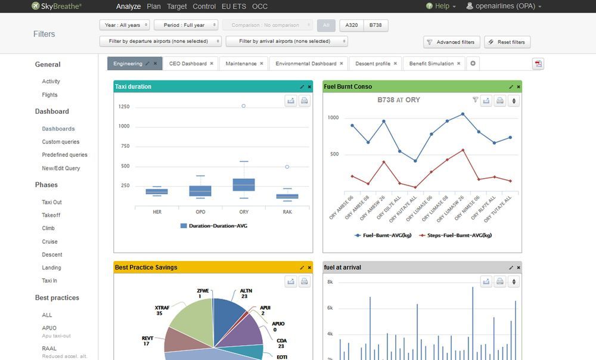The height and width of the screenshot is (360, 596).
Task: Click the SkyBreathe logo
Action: pyautogui.click(x=57, y=7)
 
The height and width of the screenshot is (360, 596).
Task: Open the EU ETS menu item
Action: pyautogui.click(x=234, y=7)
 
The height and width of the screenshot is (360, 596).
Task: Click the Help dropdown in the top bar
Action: pyautogui.click(x=441, y=7)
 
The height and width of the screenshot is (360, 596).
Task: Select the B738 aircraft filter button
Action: pyautogui.click(x=375, y=26)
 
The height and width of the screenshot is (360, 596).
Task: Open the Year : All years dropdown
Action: pyautogui.click(x=124, y=26)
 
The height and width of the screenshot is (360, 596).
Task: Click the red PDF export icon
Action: pyautogui.click(x=538, y=64)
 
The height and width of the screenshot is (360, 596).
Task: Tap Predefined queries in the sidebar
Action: pyautogui.click(x=64, y=155)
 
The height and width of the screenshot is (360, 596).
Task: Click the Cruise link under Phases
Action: pyautogui.click(x=49, y=241)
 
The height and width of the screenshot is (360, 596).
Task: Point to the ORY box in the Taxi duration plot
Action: pyautogui.click(x=244, y=185)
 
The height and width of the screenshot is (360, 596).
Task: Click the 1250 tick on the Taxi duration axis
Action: pyautogui.click(x=123, y=107)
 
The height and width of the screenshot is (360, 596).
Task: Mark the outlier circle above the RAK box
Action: pyautogui.click(x=287, y=167)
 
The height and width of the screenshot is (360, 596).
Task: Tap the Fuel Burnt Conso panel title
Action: pyautogui.click(x=347, y=87)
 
